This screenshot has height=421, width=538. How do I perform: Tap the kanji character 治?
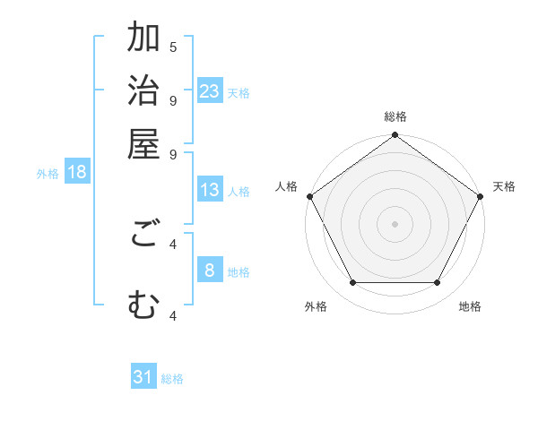(x=143, y=92)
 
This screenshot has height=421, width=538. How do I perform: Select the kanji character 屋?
(x=143, y=144)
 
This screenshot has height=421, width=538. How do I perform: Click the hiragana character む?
(x=143, y=306)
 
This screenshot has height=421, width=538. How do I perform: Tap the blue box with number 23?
(x=210, y=91)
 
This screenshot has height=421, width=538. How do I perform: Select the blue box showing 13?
(x=210, y=190)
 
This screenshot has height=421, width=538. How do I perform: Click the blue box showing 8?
(x=210, y=271)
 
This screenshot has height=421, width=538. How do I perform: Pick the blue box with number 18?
(x=77, y=173)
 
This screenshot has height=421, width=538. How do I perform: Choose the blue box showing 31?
(x=143, y=377)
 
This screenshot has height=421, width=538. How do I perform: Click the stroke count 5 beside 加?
(x=173, y=47)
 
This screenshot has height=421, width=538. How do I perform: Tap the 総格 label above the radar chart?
(x=395, y=116)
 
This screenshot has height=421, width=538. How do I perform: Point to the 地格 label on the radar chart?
(x=470, y=307)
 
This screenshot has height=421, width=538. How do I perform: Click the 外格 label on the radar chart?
(x=316, y=307)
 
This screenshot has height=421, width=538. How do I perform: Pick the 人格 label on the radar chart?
(x=287, y=186)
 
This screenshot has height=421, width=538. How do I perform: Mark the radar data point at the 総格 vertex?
(x=395, y=136)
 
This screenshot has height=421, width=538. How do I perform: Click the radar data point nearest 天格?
(x=482, y=196)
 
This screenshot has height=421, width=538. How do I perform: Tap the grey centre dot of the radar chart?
(x=395, y=223)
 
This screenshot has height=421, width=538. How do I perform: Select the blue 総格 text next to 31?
(x=172, y=379)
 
